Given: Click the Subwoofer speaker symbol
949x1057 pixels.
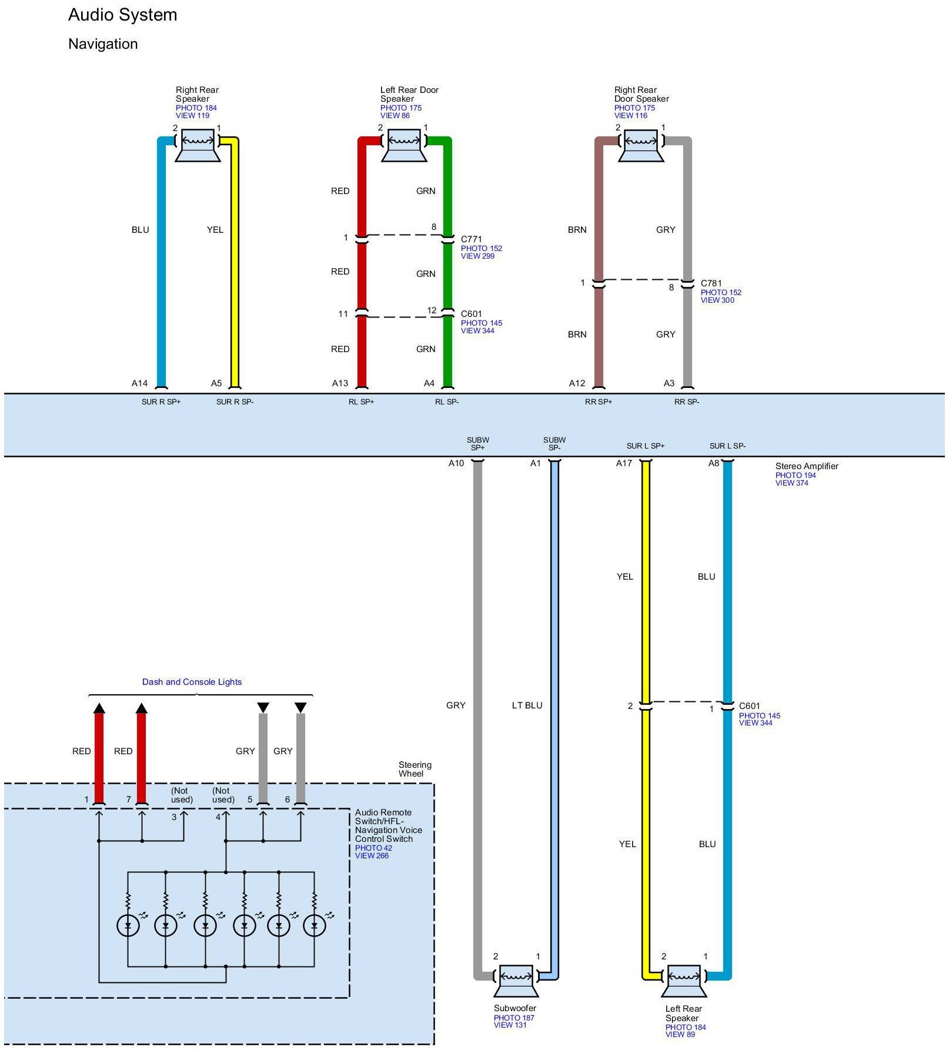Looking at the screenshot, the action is (516, 981).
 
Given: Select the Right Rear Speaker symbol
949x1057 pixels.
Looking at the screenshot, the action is (198, 146).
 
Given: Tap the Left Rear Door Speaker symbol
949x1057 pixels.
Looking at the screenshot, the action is (403, 146).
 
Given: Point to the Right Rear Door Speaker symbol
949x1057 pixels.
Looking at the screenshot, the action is (641, 146).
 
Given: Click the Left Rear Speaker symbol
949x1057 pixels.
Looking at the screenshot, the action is (684, 981).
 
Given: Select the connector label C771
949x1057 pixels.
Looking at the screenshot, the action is (472, 239).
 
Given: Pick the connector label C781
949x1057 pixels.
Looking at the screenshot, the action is (711, 283).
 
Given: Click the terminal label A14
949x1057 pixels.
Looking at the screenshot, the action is (140, 383).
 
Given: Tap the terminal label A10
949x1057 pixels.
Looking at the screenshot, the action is (456, 463).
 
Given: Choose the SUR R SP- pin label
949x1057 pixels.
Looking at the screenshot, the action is (235, 402).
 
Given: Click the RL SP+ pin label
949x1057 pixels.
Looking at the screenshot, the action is (362, 402).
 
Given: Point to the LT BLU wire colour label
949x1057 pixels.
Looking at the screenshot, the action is (527, 705).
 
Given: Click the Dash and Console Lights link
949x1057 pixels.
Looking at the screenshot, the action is (192, 682).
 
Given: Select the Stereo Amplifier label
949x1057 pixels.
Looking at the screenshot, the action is (807, 466).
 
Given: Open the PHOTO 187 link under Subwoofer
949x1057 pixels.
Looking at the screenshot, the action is (514, 1018).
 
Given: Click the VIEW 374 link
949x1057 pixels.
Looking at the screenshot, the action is (792, 483).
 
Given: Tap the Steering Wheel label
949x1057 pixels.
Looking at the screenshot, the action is (415, 770).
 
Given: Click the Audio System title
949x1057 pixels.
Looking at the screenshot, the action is (123, 15).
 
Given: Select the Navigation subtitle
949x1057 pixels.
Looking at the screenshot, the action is (103, 44).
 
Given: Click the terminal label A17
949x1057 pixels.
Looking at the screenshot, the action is (624, 463).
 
